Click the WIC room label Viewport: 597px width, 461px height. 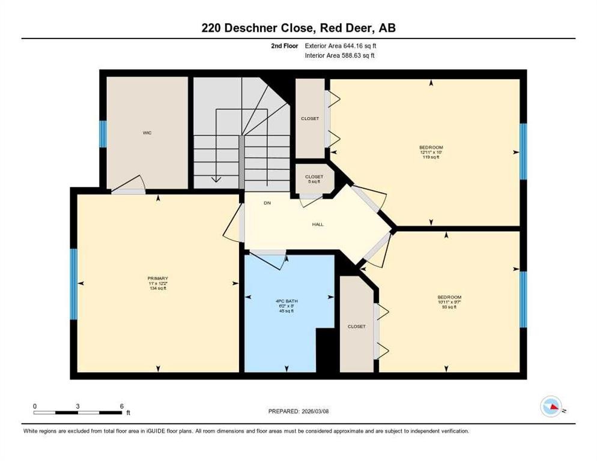147,133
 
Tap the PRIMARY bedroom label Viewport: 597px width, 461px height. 157,278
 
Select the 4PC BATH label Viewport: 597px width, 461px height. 288,299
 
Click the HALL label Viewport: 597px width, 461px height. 318,224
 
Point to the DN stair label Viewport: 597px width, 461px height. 267,203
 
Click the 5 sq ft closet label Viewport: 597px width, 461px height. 314,181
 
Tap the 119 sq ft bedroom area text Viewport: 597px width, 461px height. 431,157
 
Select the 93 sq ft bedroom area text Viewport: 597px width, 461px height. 449,307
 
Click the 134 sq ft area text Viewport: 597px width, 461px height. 157,288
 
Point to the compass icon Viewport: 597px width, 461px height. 551,406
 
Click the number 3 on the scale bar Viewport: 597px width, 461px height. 78,406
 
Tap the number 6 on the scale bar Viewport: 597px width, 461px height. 122,406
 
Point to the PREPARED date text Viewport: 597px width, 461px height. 298,411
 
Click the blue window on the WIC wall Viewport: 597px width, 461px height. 103,134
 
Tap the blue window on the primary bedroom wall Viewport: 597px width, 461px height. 74,284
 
